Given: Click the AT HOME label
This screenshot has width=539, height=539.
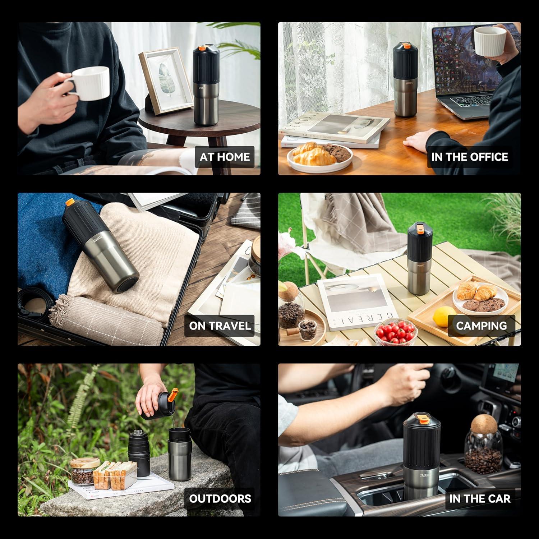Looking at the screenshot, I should [225, 157].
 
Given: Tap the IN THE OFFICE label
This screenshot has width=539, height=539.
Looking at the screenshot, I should [469, 157].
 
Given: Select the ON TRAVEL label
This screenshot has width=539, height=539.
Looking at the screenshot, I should [220, 326].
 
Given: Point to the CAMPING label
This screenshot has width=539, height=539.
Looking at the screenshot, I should [481, 326].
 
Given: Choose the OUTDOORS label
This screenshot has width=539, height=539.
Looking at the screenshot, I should [220, 498].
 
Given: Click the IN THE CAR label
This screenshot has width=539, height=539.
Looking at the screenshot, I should [480, 498].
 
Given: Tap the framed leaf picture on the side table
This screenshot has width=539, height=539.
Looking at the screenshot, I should [166, 81].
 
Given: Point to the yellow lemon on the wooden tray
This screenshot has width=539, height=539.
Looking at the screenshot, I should [444, 317].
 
